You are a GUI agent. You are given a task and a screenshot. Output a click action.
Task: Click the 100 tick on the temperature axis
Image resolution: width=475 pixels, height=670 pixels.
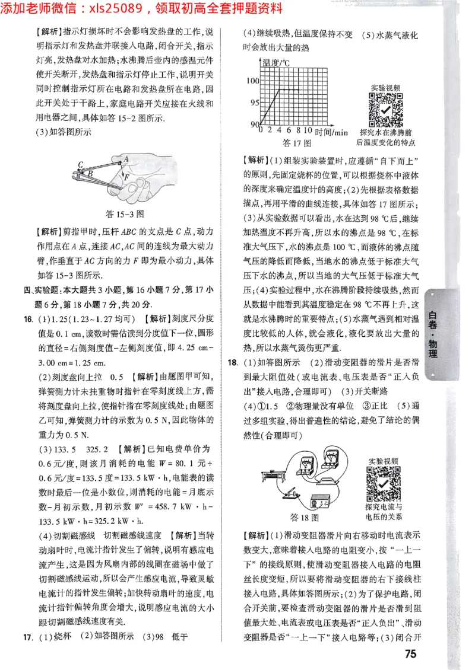click(x=252, y=80)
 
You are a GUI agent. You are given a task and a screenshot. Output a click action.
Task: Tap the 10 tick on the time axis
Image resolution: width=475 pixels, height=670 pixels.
click(x=308, y=130)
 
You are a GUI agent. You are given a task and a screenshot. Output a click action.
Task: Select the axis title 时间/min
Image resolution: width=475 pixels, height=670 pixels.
click(x=331, y=132)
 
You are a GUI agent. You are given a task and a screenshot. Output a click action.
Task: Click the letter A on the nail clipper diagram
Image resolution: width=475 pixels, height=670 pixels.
click(x=125, y=159)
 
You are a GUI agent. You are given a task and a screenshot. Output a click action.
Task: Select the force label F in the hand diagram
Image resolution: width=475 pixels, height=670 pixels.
click(x=126, y=176)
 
